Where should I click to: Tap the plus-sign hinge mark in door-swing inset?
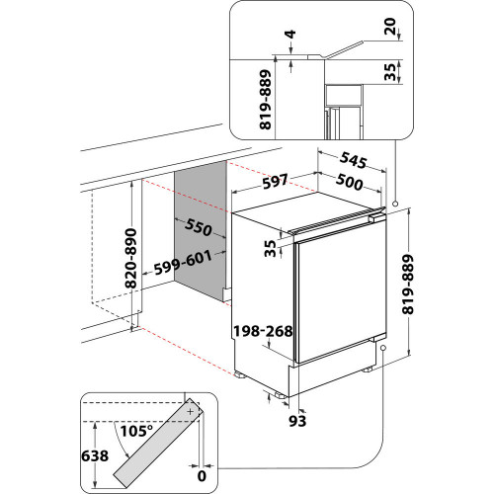(x=192, y=409)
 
